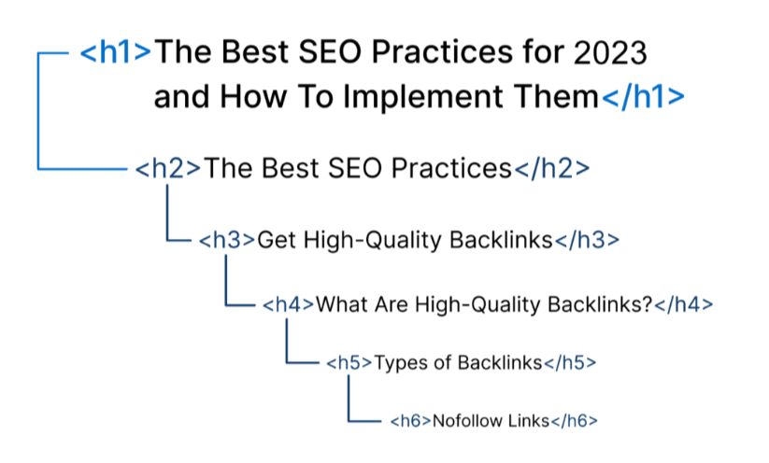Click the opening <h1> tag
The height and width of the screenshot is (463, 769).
point(115,52)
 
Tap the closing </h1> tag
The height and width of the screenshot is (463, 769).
point(643,96)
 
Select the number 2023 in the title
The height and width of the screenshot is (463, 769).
point(610,53)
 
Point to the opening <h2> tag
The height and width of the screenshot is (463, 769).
point(168,169)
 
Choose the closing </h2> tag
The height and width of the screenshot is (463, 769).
point(551,169)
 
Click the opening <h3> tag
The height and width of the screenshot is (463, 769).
point(227,240)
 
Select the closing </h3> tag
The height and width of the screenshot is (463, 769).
point(587,240)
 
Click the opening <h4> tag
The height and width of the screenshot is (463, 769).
point(289,304)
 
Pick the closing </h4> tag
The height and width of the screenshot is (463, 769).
point(684,304)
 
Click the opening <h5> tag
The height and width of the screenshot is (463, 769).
point(349,363)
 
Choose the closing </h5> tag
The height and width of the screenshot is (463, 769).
point(570,363)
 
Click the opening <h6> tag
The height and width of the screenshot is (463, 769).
point(410,421)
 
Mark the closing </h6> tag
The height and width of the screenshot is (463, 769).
point(575,421)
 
